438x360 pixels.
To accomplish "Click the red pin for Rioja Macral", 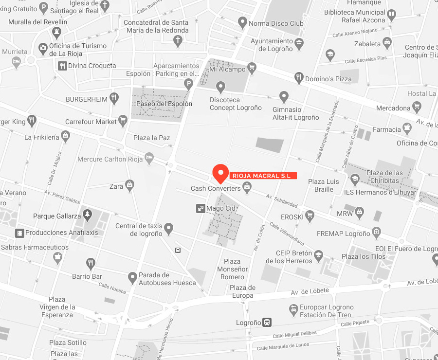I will point(221,172).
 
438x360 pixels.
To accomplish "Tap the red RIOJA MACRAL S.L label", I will point(263,176).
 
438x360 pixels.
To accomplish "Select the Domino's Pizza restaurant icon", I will point(299,77).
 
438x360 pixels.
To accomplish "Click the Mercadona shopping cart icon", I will point(417,107).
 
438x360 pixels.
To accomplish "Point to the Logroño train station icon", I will point(267,322).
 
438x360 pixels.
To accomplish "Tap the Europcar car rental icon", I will point(293,309).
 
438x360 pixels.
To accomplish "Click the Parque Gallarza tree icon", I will point(87,214).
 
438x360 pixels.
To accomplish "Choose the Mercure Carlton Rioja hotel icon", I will point(149,158).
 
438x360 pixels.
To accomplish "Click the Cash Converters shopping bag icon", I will point(247,186).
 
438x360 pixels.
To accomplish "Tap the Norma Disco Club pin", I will point(242,22).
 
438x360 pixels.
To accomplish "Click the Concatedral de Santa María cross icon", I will point(178,40).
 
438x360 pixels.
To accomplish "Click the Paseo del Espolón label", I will point(164,104).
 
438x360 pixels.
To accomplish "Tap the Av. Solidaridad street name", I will point(282,199).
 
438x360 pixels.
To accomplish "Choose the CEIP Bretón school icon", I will point(318,255).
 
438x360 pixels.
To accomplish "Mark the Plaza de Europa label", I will point(242,291).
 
